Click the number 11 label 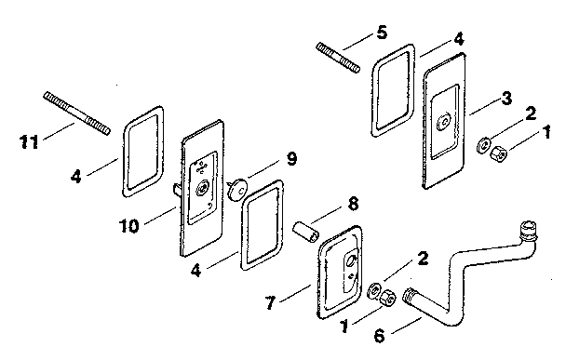pos(29,142)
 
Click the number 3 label pos(505,96)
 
